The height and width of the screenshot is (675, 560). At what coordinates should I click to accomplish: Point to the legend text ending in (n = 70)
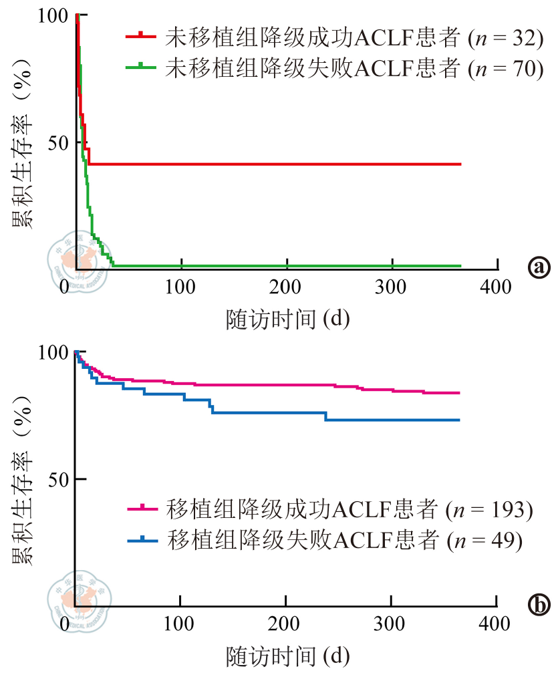[x=352, y=68]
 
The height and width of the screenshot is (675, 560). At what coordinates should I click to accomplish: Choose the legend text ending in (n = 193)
[x=348, y=511]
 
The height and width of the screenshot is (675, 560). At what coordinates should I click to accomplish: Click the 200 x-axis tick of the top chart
[x=285, y=288]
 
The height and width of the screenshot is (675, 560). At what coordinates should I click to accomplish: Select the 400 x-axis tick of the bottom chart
[x=495, y=625]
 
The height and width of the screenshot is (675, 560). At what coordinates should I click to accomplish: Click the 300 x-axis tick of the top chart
[x=390, y=288]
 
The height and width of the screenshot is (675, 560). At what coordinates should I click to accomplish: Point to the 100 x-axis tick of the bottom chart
[x=181, y=625]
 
